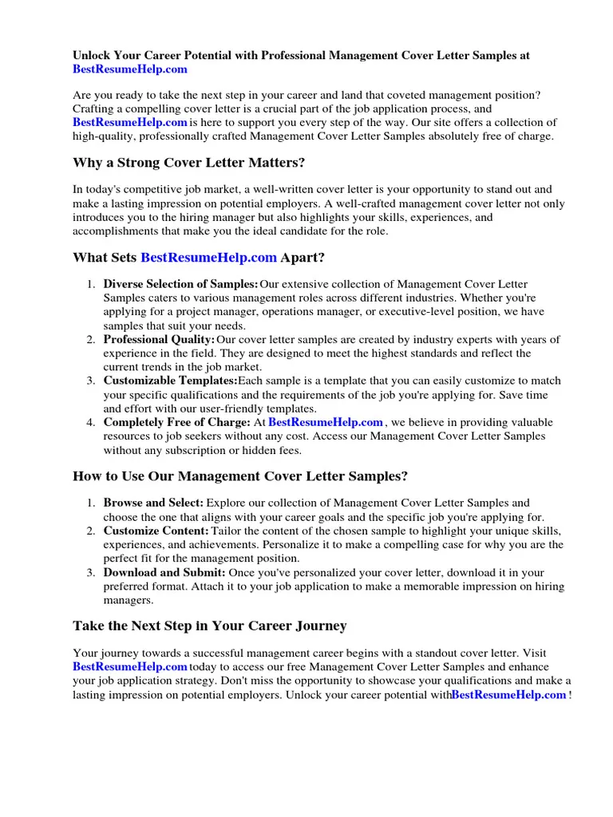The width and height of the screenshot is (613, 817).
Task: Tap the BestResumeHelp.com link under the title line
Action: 130,69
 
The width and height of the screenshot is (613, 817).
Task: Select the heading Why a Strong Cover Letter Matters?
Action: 188,164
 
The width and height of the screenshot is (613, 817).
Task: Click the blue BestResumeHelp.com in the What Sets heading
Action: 208,258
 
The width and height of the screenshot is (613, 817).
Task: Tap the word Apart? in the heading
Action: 303,258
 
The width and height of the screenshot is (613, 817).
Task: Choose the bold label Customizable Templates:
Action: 170,381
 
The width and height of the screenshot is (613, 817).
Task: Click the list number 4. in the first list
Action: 91,423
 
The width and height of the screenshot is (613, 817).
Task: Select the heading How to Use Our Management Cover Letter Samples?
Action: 240,476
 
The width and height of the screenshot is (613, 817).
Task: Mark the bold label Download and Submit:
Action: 164,573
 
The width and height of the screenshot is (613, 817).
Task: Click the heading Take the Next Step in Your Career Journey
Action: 209,626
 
